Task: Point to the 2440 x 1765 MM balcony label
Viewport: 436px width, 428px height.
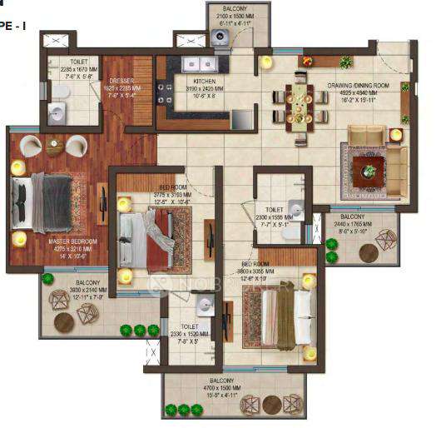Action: coord(356,226)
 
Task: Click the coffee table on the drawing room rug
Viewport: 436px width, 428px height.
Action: coord(368,171)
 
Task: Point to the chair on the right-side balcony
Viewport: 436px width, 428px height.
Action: coord(386,241)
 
